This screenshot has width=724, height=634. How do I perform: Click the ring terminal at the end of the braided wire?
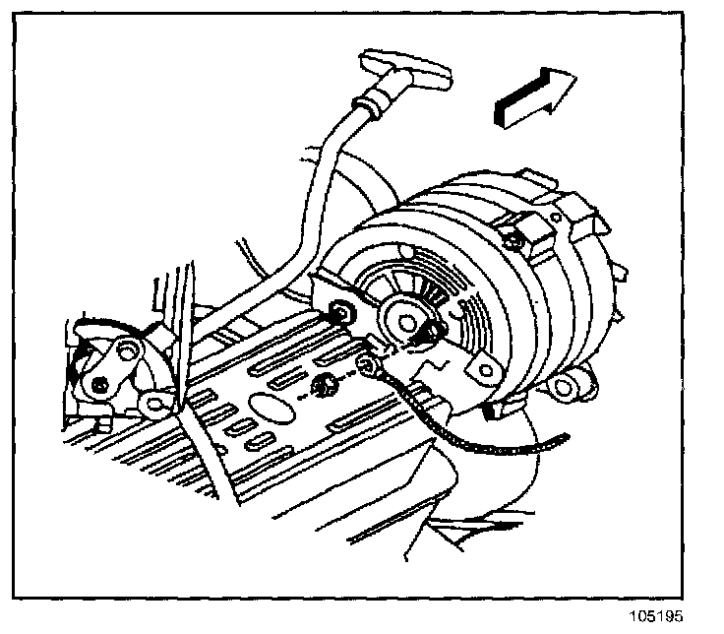[368, 367]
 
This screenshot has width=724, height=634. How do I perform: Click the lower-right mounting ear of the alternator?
[571, 383]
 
